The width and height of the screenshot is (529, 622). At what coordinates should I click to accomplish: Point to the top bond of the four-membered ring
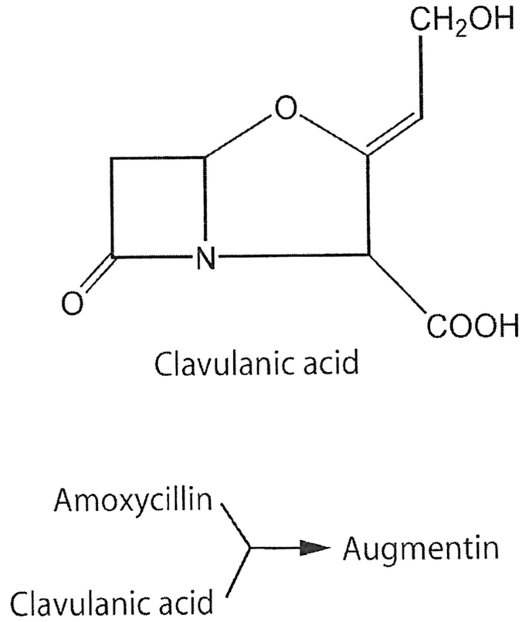coord(159,161)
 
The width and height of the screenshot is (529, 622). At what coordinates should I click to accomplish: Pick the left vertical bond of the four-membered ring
coord(114,208)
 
